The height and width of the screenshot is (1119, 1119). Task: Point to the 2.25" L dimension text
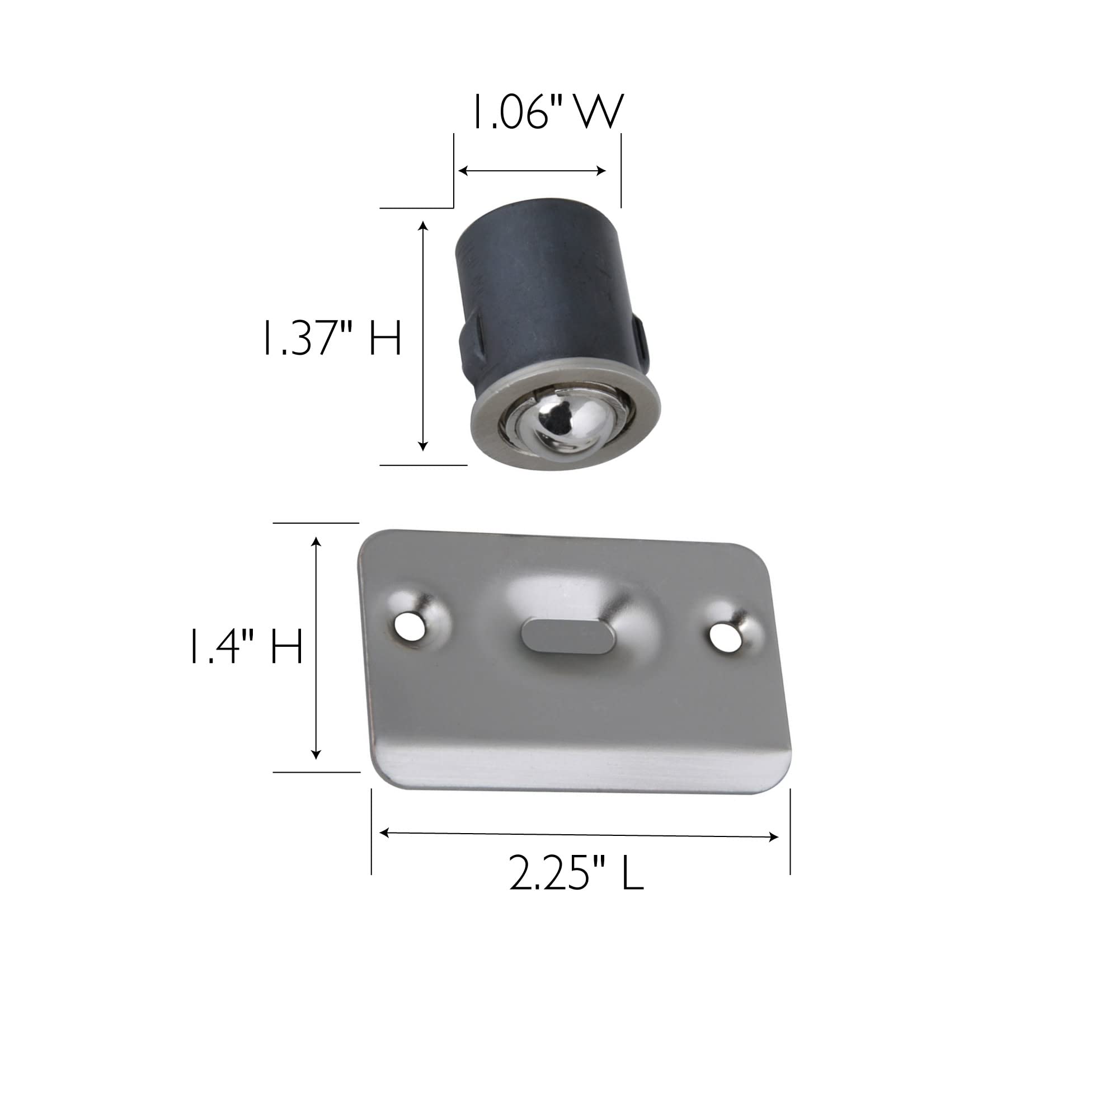click(x=576, y=873)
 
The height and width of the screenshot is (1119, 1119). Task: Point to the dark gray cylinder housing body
click(x=544, y=290)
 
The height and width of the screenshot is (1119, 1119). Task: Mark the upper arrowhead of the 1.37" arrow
click(x=424, y=226)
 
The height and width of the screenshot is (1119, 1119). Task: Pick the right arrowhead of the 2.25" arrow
click(x=774, y=837)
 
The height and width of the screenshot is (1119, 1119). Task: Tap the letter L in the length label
click(x=632, y=873)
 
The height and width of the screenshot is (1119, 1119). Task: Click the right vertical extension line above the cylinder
click(x=621, y=170)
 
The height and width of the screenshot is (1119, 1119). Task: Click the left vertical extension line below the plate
click(x=372, y=831)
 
